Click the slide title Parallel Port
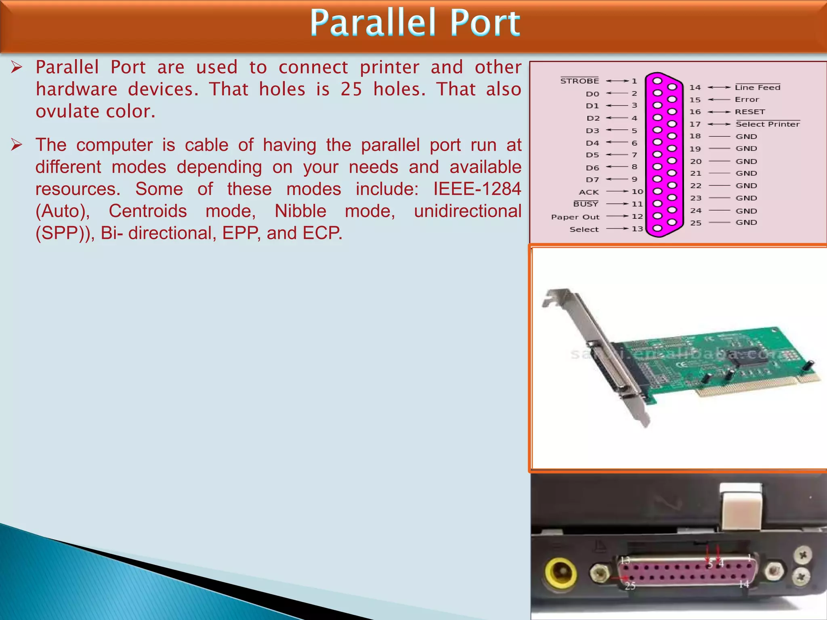point(415,23)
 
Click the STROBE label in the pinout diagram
point(579,81)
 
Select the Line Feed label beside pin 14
point(758,88)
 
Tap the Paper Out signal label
point(575,217)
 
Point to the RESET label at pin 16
point(750,112)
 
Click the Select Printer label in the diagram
point(768,124)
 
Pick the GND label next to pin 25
point(746,222)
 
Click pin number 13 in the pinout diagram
point(637,229)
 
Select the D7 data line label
point(592,180)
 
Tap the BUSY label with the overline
point(586,204)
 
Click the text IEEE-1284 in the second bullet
point(477,189)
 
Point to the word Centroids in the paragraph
point(148,211)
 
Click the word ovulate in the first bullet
point(62,111)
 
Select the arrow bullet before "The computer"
point(17,145)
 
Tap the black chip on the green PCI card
point(752,355)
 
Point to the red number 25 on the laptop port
point(630,586)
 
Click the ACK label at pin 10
point(589,192)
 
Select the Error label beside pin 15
point(747,100)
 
